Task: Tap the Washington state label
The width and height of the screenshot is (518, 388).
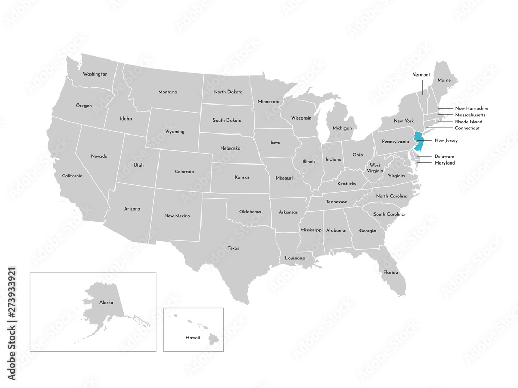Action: (x=95, y=74)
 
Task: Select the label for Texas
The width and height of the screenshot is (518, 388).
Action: (x=233, y=248)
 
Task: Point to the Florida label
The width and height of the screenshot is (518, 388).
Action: (x=391, y=272)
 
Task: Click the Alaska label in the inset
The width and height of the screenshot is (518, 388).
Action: (x=106, y=302)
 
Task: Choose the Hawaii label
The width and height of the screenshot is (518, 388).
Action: (x=193, y=337)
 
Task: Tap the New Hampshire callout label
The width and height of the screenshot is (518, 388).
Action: (x=472, y=108)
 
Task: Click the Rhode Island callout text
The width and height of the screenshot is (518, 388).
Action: (x=468, y=122)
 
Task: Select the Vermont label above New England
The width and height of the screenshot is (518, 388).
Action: (x=421, y=74)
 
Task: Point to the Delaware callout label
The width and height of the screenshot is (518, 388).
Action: (x=444, y=156)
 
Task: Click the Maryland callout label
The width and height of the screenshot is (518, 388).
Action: (x=445, y=163)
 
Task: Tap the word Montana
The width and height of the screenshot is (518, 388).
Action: (x=167, y=92)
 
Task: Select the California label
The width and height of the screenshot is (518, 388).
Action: (x=72, y=176)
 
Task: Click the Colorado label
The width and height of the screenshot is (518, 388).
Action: (x=184, y=171)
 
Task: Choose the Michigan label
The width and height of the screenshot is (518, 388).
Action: (x=342, y=128)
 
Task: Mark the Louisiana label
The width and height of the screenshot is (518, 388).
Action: (x=295, y=258)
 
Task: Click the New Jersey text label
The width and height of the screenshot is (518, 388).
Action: (x=446, y=140)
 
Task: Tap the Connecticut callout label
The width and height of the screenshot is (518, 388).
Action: (x=467, y=128)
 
